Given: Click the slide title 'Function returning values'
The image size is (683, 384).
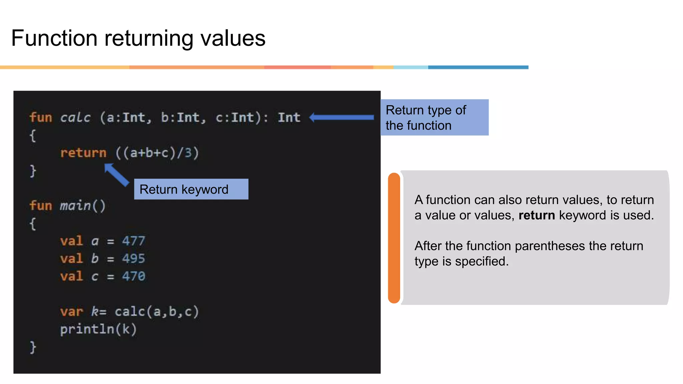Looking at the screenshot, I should click(138, 38).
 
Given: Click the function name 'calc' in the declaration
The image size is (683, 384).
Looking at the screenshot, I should click(75, 117).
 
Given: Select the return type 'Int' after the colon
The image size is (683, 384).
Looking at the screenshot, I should click(289, 117).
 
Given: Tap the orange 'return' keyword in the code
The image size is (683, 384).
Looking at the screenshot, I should click(83, 153).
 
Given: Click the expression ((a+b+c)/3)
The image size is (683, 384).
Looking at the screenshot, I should click(157, 153).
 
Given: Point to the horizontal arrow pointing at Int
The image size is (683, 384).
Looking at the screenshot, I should click(341, 117).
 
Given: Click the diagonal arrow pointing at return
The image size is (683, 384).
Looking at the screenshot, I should click(116, 174).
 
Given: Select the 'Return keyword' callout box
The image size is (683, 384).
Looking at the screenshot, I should click(191, 189).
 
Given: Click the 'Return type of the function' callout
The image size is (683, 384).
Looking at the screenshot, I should click(434, 117).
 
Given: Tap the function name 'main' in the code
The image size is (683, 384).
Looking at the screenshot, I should click(75, 205).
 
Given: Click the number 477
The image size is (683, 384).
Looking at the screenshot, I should click(133, 241).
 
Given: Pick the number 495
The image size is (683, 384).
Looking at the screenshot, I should click(133, 258).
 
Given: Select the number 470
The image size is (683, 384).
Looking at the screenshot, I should click(133, 276).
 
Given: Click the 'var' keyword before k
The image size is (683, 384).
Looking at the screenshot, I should click(71, 311).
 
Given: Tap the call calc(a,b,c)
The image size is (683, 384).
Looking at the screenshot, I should click(157, 311).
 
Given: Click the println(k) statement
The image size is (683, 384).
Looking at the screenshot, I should click(98, 329).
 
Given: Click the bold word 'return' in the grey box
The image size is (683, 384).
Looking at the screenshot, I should click(537, 215).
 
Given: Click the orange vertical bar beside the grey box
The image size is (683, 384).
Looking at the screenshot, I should click(394, 238).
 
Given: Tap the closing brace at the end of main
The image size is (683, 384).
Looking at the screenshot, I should click(33, 347).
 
